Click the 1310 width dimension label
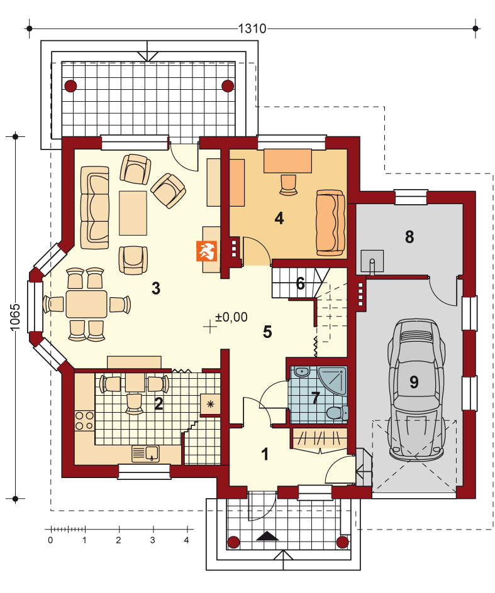point(252,28)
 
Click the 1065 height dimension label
point(14,317)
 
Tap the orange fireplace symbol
point(206,251)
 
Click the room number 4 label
point(279,218)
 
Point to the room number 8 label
point(409,237)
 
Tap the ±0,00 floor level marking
point(231,317)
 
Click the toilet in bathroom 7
point(336,413)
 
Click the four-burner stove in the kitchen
point(84,420)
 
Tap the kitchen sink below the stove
point(146,453)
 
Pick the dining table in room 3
point(86,303)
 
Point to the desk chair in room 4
point(288,185)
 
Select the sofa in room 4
point(331,223)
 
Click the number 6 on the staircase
point(300,283)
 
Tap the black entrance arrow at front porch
point(267,536)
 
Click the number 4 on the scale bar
point(186,540)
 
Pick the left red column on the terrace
point(70,86)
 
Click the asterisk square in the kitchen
point(211,405)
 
